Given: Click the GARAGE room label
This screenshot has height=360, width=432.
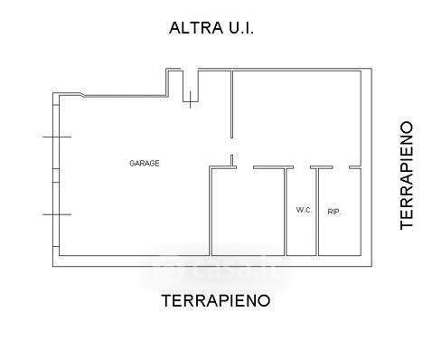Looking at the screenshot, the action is (x=145, y=163).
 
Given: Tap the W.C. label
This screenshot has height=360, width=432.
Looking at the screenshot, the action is (x=304, y=210).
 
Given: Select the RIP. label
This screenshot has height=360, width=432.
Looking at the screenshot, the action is (x=333, y=212).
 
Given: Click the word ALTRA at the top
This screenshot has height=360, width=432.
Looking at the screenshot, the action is (x=196, y=28).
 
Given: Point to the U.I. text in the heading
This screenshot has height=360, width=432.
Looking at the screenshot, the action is (x=241, y=28).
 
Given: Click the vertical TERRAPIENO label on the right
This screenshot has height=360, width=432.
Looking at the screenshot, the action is (x=407, y=175).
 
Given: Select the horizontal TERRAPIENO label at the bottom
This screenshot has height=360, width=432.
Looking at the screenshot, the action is (x=216, y=300).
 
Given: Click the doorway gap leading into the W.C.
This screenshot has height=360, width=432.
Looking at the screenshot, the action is (x=302, y=167).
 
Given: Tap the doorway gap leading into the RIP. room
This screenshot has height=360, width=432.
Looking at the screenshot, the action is (x=341, y=167).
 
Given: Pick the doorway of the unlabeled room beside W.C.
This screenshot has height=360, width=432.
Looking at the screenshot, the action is (x=245, y=167).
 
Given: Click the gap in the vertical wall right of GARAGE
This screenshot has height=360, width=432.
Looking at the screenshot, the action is (x=231, y=147).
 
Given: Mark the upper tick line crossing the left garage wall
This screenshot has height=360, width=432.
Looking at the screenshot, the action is (x=57, y=137).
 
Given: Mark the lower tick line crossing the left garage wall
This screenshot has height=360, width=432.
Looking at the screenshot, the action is (x=57, y=214).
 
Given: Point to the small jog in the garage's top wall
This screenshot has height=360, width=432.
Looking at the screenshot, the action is (x=82, y=94).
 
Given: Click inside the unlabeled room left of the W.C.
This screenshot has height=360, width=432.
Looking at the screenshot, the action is (x=249, y=212).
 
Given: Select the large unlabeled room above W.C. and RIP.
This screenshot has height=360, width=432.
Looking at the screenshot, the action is (x=296, y=118).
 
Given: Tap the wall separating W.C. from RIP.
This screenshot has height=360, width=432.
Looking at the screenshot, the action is (x=317, y=212).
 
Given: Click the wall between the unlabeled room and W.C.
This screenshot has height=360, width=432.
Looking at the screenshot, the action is (x=286, y=212).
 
